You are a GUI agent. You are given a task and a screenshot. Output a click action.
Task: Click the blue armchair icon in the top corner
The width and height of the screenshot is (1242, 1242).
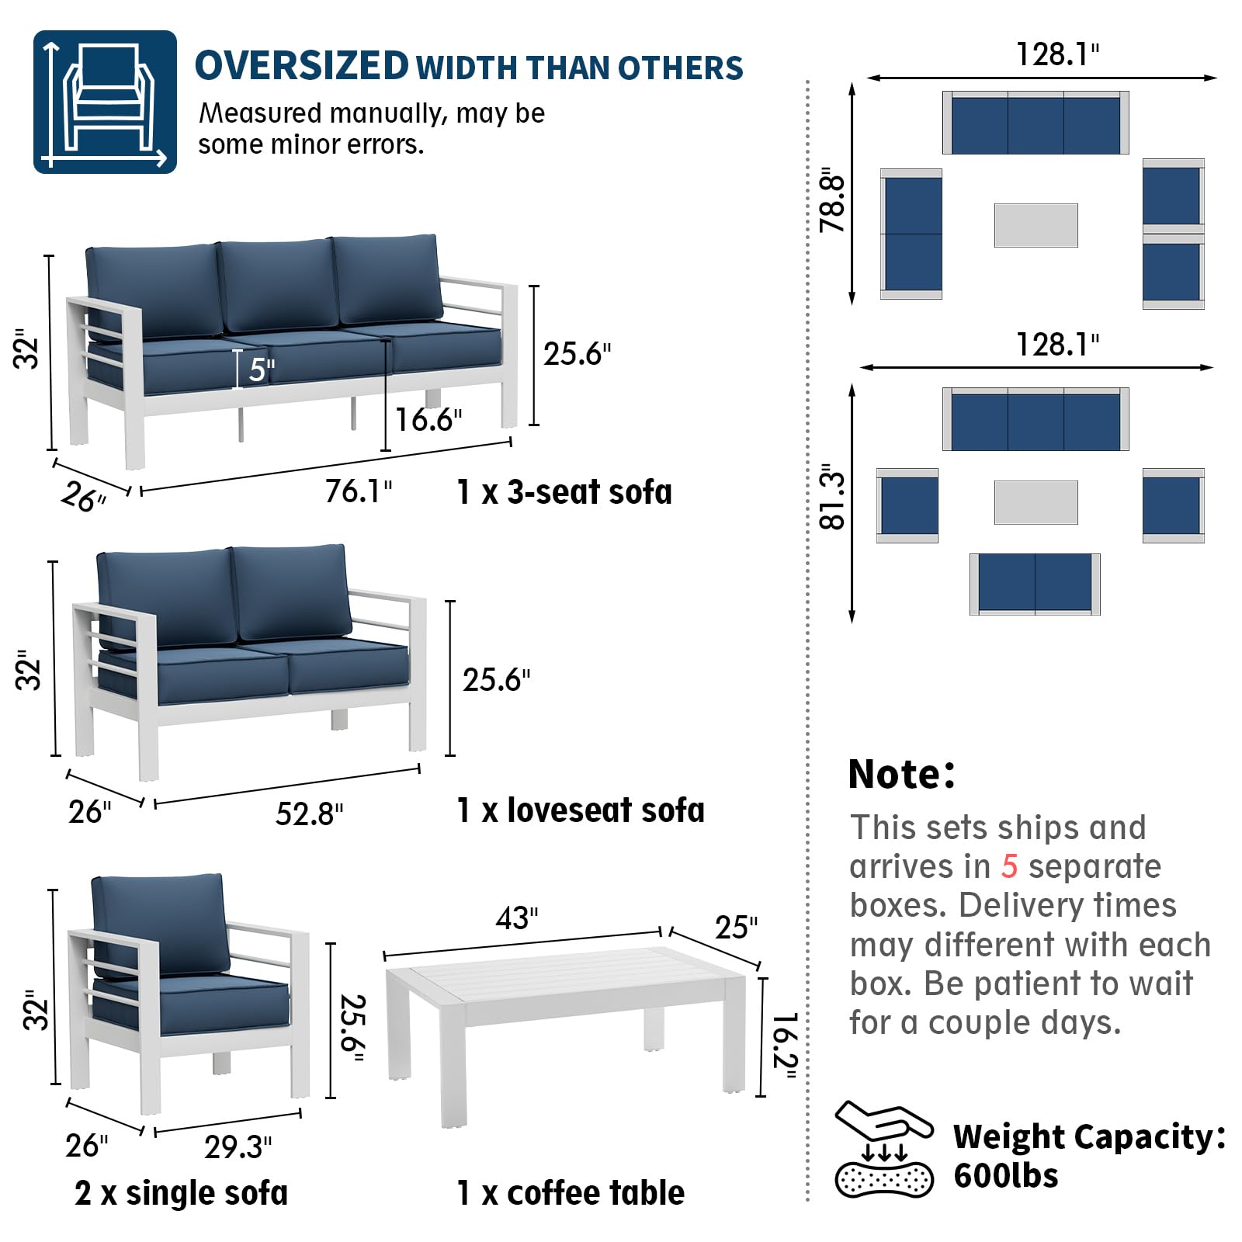tap(105, 102)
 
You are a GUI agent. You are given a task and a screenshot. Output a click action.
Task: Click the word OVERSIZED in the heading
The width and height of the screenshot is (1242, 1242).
tap(301, 66)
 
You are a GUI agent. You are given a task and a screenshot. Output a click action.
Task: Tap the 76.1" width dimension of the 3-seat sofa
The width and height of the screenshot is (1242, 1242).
tap(358, 491)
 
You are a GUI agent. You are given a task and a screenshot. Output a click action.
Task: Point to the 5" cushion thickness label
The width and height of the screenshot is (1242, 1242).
tap(261, 369)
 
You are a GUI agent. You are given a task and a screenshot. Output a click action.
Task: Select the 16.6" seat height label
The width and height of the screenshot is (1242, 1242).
tap(428, 420)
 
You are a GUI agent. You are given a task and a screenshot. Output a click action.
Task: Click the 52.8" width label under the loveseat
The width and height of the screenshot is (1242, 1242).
tap(309, 814)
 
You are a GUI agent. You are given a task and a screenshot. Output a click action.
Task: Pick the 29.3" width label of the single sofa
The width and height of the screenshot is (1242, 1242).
tap(238, 1147)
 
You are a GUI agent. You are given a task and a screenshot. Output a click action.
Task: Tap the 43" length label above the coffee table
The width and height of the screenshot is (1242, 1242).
tap(516, 918)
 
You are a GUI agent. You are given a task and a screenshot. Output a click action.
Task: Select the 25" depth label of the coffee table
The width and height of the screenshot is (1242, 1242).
tap(736, 927)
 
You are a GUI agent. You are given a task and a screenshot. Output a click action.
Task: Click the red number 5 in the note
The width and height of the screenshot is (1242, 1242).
tap(1008, 866)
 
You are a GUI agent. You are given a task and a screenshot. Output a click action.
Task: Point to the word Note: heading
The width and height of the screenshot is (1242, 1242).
tap(901, 774)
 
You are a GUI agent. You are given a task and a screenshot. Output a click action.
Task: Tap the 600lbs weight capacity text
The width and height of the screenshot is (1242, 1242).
tap(1005, 1176)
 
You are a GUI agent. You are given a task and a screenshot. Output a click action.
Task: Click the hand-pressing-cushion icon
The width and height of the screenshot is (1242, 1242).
tap(883, 1149)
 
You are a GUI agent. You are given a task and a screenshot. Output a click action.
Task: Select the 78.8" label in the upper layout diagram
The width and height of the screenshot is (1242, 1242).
tap(832, 199)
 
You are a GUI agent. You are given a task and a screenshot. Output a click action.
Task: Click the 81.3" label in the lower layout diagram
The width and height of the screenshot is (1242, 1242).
tap(832, 497)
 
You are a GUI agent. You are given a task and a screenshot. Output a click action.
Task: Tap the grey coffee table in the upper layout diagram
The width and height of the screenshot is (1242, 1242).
tap(1036, 225)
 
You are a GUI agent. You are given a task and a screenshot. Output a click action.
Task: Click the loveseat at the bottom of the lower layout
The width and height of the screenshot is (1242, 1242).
tap(1035, 584)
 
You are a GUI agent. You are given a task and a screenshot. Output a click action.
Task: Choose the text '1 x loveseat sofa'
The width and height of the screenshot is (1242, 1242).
tap(580, 810)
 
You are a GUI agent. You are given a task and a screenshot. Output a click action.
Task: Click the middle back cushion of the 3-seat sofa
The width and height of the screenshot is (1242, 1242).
tap(278, 284)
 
